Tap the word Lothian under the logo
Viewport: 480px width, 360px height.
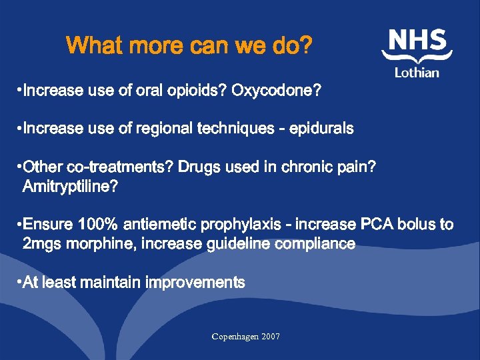coord(417,72)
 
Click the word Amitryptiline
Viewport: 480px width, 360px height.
coord(70,187)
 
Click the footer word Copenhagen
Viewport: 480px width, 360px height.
coord(235,337)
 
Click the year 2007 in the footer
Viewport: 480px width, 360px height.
coord(271,337)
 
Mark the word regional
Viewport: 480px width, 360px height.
coord(165,129)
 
